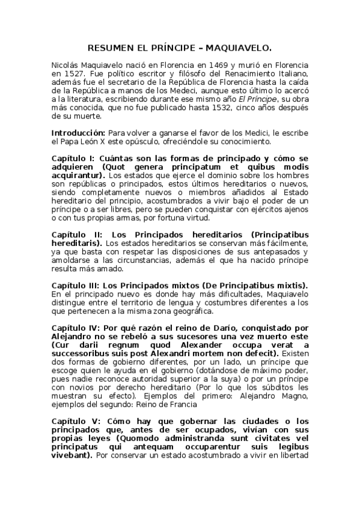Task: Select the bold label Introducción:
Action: pyautogui.click(x=78, y=132)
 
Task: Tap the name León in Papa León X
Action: pyautogui.click(x=90, y=141)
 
